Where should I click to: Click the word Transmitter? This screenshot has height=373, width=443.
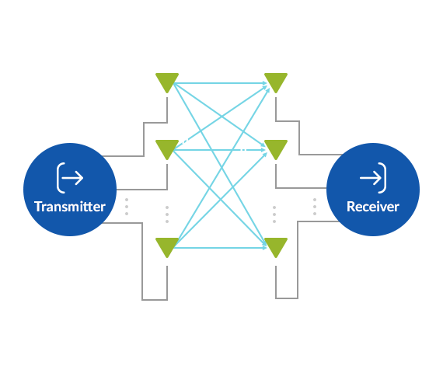70,207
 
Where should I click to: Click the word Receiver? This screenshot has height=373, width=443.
373,207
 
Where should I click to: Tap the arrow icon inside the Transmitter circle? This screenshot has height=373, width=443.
70,178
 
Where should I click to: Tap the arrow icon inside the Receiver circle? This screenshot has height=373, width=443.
373,178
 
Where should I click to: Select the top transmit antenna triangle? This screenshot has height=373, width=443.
167,82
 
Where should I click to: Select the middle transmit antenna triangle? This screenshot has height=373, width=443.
167,149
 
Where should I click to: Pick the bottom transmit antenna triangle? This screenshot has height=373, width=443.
167,247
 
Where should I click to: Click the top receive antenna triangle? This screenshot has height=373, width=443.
276,82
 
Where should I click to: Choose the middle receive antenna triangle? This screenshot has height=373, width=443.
276,149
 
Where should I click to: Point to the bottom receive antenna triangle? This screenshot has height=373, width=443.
276,247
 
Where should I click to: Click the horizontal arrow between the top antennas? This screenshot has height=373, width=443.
221,83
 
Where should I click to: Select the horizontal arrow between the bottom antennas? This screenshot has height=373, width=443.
221,248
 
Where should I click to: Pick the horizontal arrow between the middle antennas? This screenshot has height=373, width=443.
221,150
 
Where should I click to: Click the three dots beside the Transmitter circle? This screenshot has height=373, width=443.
127,207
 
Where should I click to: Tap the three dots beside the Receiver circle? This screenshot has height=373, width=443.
315,207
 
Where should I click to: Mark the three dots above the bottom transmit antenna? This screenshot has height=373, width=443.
167,214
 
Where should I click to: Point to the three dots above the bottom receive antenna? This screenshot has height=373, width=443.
274,214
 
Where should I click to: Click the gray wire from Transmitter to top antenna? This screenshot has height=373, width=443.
144,139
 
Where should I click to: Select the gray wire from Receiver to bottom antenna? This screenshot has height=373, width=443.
298,260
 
